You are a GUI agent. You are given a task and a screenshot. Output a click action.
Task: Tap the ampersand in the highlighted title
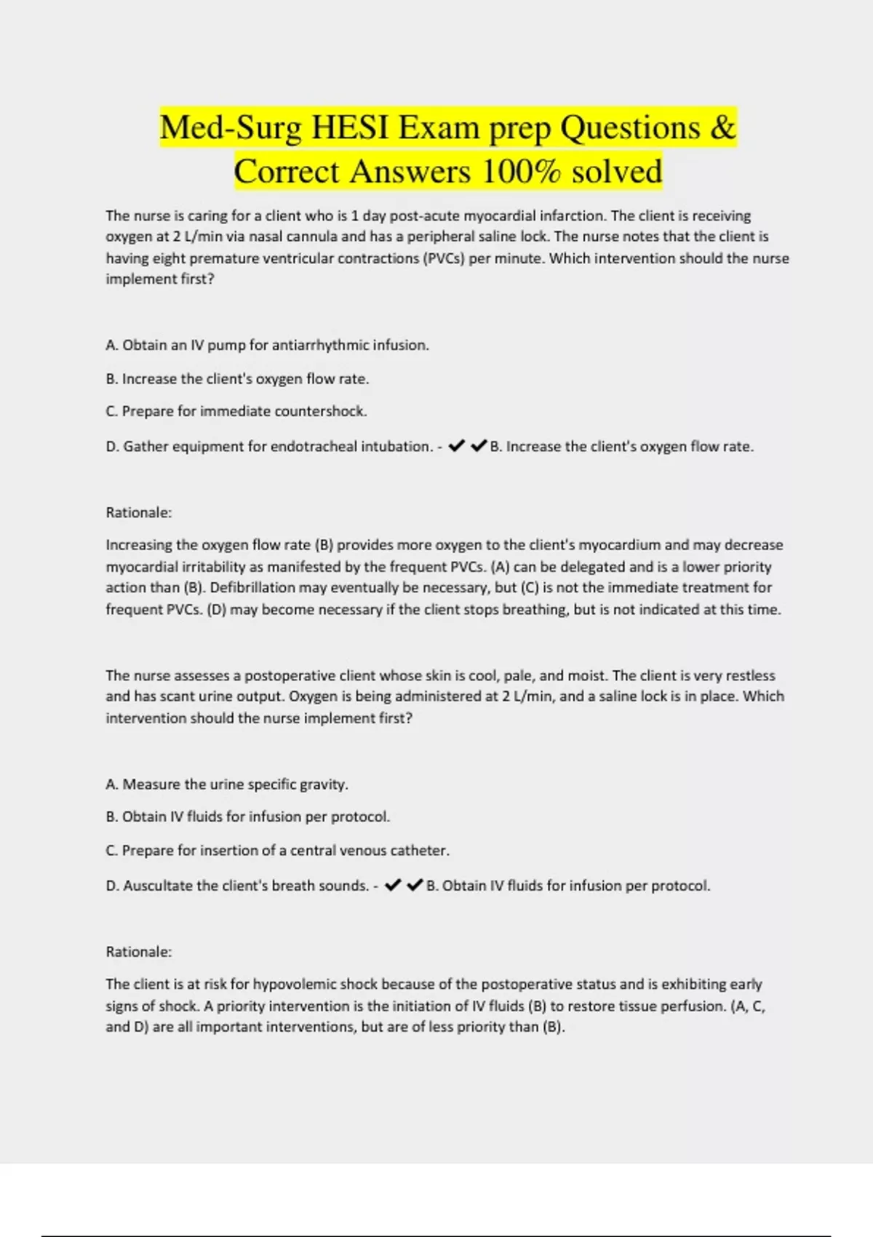click(722, 128)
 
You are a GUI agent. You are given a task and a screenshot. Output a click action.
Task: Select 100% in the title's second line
click(521, 172)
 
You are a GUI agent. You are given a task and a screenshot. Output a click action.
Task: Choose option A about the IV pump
click(267, 346)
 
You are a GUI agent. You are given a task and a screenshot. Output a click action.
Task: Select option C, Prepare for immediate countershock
click(236, 412)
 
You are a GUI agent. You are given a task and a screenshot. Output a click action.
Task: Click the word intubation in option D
click(400, 447)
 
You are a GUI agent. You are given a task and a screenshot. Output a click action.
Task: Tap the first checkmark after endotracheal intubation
click(457, 446)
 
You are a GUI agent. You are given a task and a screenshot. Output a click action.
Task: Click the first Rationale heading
click(139, 513)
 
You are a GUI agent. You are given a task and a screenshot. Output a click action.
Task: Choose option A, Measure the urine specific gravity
click(227, 784)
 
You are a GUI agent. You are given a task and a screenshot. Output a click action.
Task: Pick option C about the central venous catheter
click(278, 851)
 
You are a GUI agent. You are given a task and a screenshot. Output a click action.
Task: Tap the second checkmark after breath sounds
click(415, 886)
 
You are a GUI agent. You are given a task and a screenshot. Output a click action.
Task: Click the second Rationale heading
click(139, 952)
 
